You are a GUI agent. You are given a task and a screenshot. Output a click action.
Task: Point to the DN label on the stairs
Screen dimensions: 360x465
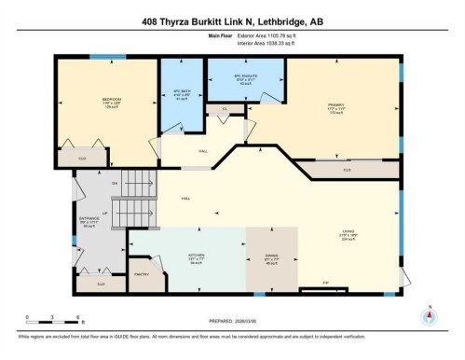click(115, 183)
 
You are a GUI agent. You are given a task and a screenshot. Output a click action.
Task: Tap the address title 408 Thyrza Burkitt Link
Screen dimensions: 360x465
click(232, 21)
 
